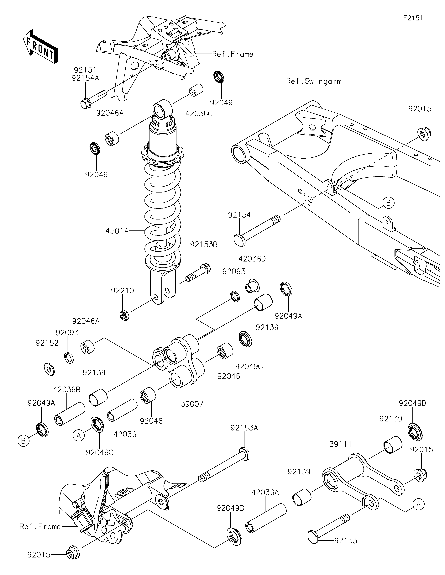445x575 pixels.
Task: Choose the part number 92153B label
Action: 204,245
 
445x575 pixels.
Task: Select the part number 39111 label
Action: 341,444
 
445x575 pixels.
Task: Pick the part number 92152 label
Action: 47,343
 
